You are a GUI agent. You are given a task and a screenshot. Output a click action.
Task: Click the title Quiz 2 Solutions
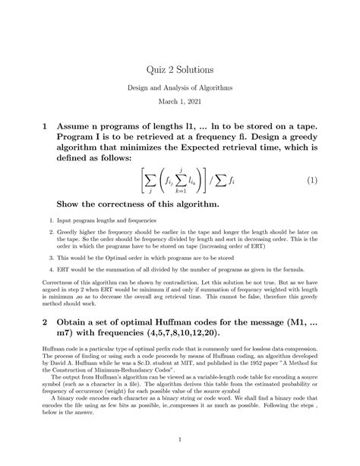point(180,69)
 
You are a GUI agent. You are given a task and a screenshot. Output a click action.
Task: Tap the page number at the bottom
point(180,439)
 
